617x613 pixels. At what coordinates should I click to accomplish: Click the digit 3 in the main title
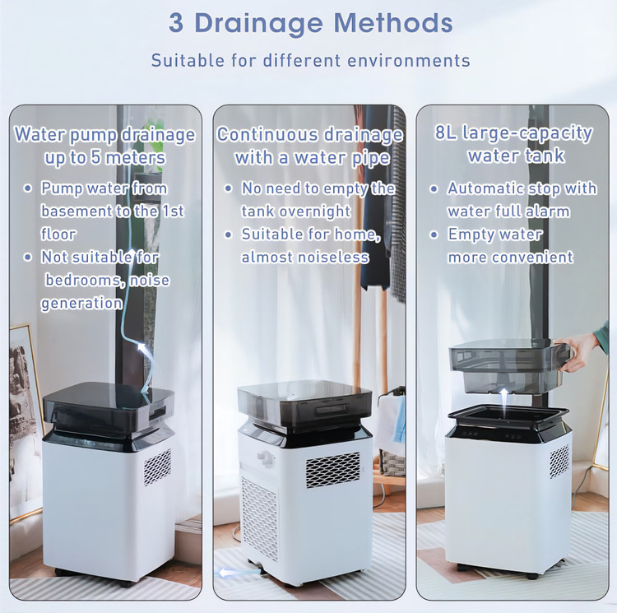coord(176,23)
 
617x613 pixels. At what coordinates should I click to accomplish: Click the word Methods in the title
coord(393,23)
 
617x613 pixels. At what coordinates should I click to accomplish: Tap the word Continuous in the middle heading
coord(267,135)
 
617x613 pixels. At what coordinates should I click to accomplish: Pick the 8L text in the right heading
coord(445,132)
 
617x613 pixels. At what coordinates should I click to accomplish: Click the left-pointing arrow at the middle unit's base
coord(235,572)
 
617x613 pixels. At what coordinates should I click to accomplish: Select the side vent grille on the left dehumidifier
coord(157,467)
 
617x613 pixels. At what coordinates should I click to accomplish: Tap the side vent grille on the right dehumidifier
coord(559,461)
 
